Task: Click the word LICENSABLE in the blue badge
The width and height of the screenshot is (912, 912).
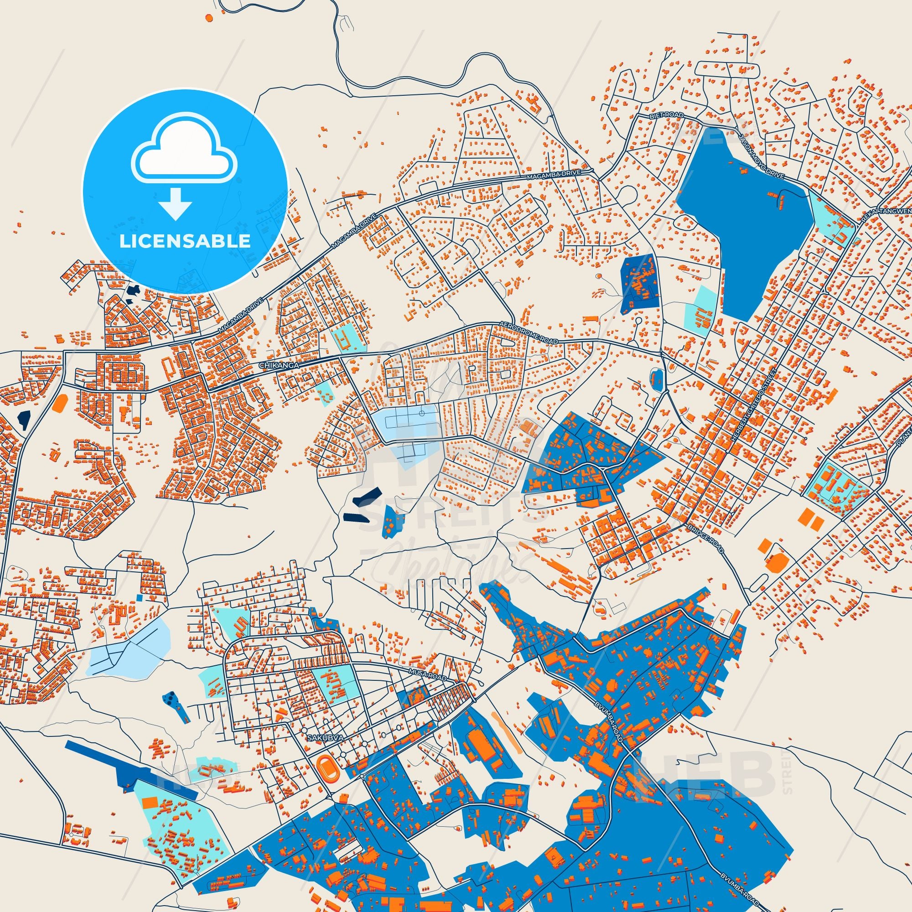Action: (x=185, y=241)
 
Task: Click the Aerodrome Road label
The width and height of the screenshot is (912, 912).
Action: (x=528, y=333)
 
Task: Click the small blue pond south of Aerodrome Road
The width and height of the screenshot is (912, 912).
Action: (x=656, y=379)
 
